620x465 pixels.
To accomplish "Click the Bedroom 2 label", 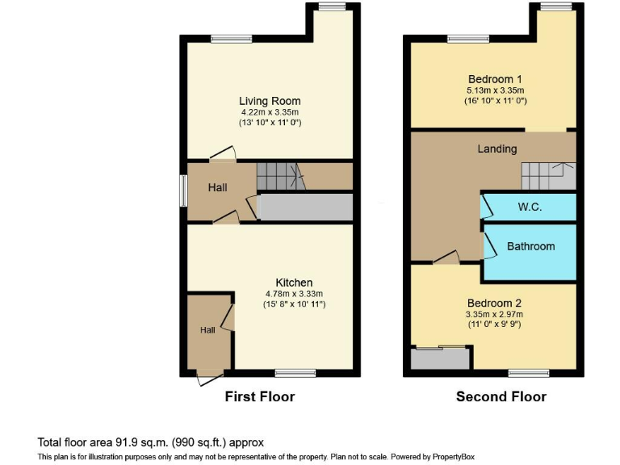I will coord(495,303).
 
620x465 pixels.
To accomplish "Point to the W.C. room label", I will coord(530,207).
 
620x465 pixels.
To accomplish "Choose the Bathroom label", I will coord(530,246).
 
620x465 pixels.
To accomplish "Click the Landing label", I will coord(497,149).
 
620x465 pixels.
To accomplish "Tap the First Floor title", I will coord(259,396).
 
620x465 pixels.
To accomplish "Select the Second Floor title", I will coord(501,396).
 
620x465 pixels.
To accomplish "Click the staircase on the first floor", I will coord(277,175).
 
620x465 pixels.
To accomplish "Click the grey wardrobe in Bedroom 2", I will coord(440,358).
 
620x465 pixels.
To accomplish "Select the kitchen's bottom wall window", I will coord(295,373).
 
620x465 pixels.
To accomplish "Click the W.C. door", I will coord(486,206).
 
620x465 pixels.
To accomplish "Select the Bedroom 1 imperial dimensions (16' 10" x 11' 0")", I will coord(496,101).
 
